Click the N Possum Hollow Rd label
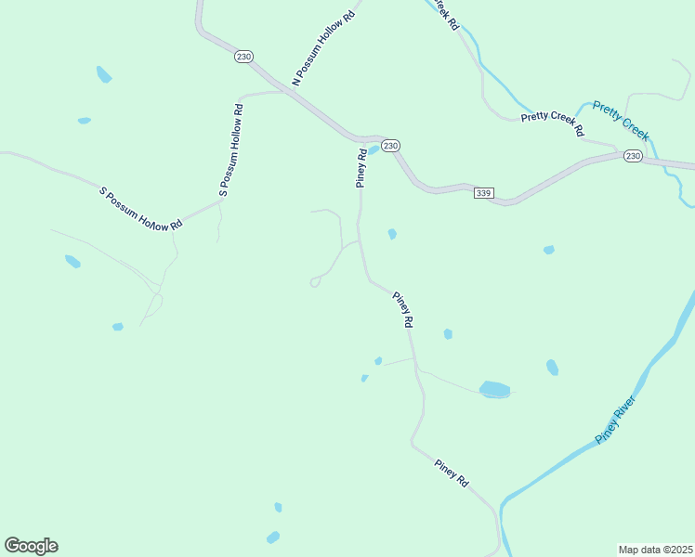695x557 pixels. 323,48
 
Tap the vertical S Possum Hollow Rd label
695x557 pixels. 231,149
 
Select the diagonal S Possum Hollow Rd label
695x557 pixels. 140,210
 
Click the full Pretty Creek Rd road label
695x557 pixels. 552,122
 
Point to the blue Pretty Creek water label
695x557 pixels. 621,120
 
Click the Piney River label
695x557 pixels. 615,420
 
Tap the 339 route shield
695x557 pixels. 483,193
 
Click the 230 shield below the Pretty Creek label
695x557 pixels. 633,156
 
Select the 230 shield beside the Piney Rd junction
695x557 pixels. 391,146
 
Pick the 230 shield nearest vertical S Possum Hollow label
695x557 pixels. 243,57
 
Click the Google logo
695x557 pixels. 31,546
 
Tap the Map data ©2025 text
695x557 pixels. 656,550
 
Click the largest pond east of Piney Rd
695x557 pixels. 494,389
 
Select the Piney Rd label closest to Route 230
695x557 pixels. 362,167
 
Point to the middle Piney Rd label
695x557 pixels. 402,309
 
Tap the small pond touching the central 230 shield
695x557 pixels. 373,150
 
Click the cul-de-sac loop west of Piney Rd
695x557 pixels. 315,281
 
